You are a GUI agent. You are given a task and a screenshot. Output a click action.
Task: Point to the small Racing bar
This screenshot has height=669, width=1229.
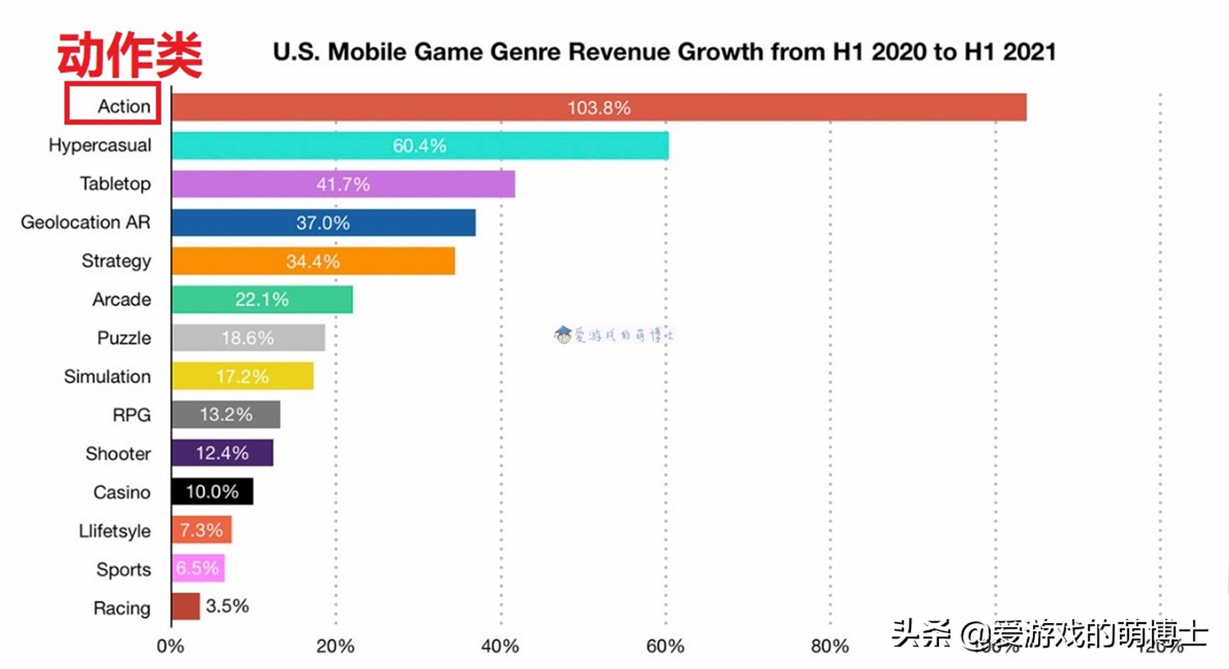coord(186,607)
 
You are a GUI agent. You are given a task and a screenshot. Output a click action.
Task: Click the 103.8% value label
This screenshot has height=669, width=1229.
coord(599,107)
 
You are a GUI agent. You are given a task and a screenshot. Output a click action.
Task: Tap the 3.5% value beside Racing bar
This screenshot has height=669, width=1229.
coord(227,606)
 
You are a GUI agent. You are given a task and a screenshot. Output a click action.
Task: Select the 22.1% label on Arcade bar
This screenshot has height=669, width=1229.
coord(261,300)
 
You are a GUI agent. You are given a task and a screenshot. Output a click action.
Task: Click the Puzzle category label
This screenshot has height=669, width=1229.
coord(124,338)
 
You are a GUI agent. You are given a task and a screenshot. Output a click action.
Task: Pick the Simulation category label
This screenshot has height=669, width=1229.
coord(107,376)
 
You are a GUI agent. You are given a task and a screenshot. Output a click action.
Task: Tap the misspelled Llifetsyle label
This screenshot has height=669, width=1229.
coord(115,530)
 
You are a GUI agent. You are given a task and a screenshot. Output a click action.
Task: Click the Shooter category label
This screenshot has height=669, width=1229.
coord(118,453)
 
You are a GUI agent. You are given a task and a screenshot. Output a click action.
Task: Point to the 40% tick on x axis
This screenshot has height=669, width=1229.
coord(500,646)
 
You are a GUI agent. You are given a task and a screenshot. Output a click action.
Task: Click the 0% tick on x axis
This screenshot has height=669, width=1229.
coord(170,646)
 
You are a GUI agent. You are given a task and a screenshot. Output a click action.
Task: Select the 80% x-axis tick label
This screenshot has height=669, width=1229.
coord(829,646)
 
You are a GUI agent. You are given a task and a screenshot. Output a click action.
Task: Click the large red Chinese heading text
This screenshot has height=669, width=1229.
coord(129,55)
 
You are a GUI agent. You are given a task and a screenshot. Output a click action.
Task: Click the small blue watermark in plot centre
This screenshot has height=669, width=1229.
coord(614,334)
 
